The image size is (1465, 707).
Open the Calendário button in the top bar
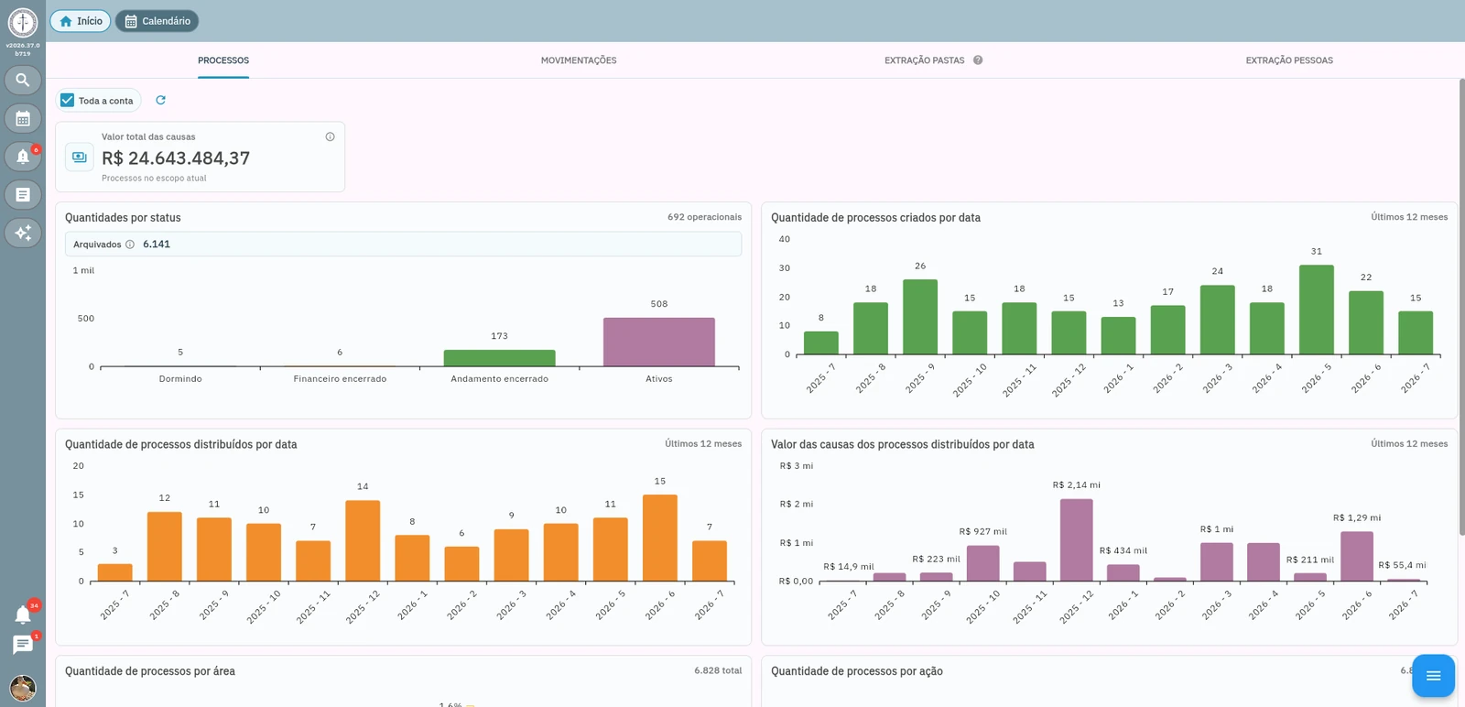[x=157, y=21]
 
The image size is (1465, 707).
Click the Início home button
[x=81, y=21]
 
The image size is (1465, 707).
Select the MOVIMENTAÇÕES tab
[x=578, y=60]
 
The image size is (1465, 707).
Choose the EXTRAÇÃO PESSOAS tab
[x=1289, y=60]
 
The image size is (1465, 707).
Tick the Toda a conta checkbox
[x=68, y=100]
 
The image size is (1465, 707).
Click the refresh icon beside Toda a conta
[x=160, y=100]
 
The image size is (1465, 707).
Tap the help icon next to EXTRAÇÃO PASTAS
[x=978, y=60]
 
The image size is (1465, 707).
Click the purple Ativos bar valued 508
[x=658, y=343]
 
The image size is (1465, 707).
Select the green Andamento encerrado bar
[x=499, y=358]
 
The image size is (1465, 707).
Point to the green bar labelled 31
[x=1316, y=310]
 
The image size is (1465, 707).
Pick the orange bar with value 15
[x=660, y=538]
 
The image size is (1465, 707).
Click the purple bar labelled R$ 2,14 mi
[x=1076, y=539]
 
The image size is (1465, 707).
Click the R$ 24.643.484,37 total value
[x=175, y=158]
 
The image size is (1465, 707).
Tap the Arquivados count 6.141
[x=157, y=244]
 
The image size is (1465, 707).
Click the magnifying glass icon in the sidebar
[x=23, y=81]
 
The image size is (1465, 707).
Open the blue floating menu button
[x=1433, y=676]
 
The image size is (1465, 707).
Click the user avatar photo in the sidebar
[x=23, y=688]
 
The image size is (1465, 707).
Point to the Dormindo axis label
[x=180, y=378]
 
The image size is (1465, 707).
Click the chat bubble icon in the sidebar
[x=23, y=645]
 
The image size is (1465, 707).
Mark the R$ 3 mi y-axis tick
[x=796, y=465]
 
